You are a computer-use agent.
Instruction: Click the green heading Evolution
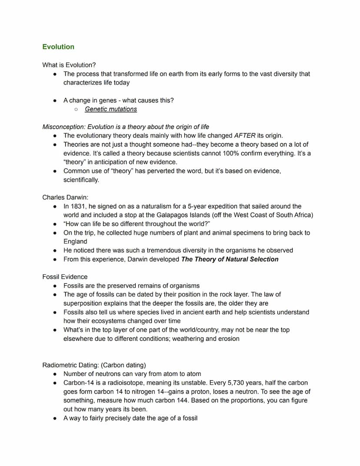click(x=58, y=47)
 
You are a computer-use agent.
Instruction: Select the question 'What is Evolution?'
click(x=69, y=65)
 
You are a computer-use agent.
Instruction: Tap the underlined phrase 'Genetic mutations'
click(x=111, y=109)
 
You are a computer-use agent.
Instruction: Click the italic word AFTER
click(x=245, y=135)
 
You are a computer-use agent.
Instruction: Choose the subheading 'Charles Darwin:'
click(x=65, y=197)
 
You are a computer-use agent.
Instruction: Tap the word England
click(x=75, y=241)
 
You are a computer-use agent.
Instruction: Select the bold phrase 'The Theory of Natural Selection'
click(x=230, y=259)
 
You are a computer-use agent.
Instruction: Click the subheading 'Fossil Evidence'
click(x=65, y=277)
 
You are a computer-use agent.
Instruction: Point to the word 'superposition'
click(x=83, y=303)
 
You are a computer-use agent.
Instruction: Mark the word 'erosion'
click(x=228, y=339)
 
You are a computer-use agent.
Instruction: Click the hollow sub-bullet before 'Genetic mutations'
click(x=76, y=109)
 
